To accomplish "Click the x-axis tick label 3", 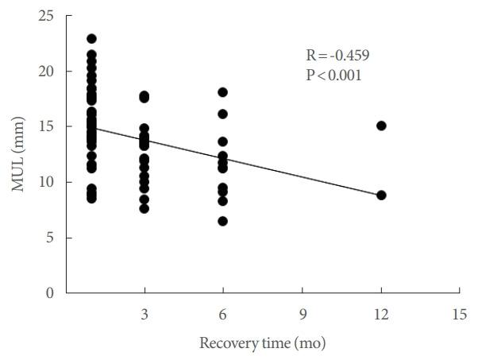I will coord(144,314).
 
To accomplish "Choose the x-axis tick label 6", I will coord(223,314).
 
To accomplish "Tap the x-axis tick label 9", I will coord(302,314).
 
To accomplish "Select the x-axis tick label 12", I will coord(381,314).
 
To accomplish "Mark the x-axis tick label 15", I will coord(460,314).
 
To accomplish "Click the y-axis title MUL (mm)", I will coord(17,154).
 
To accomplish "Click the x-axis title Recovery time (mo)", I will coord(262,343).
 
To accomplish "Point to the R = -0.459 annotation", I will coord(339,56).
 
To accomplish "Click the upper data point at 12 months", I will coord(381,126).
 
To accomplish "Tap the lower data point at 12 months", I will coord(381,195).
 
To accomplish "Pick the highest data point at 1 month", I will coord(91,38).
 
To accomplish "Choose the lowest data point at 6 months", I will coord(223,221).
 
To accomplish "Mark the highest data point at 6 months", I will coord(223,92).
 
